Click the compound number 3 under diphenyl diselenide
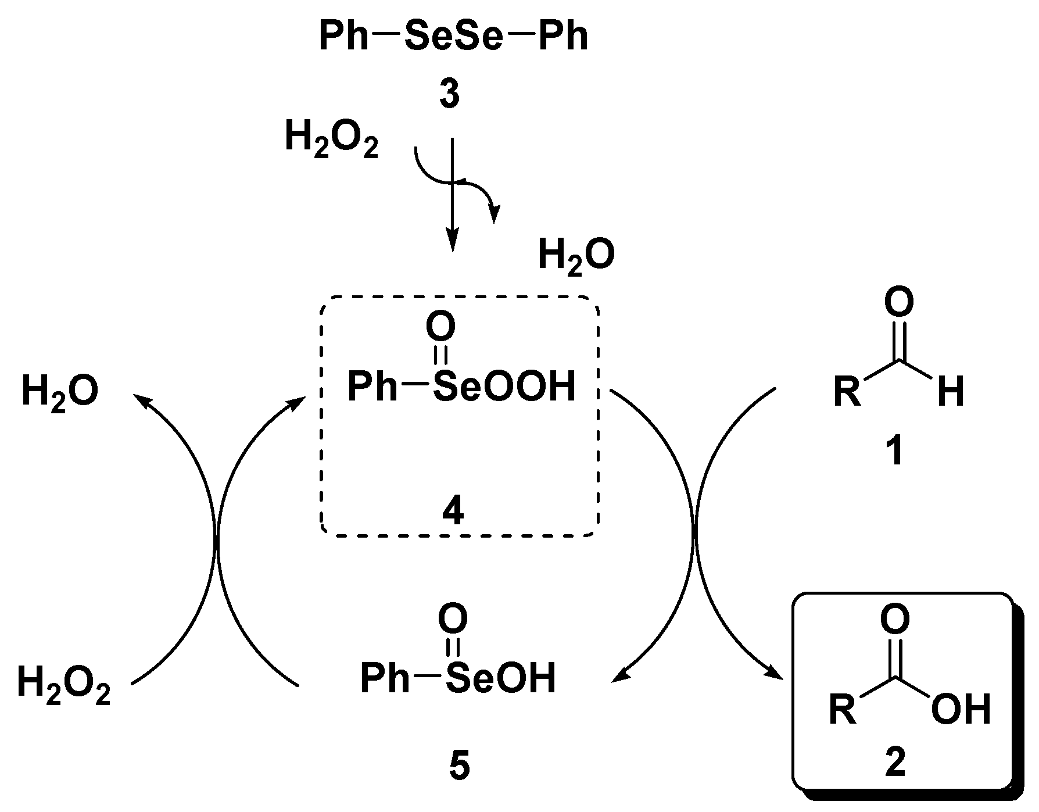coord(449,95)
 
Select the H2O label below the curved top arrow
coord(576,256)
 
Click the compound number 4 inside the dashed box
coord(453,511)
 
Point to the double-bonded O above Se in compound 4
coord(440,327)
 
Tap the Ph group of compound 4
coord(372,387)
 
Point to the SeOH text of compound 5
coord(501,678)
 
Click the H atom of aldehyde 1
coord(951,391)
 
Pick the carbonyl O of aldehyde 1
coord(899,302)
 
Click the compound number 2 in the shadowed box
coord(895,763)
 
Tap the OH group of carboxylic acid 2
coord(960,710)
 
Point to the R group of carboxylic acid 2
coord(843,709)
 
